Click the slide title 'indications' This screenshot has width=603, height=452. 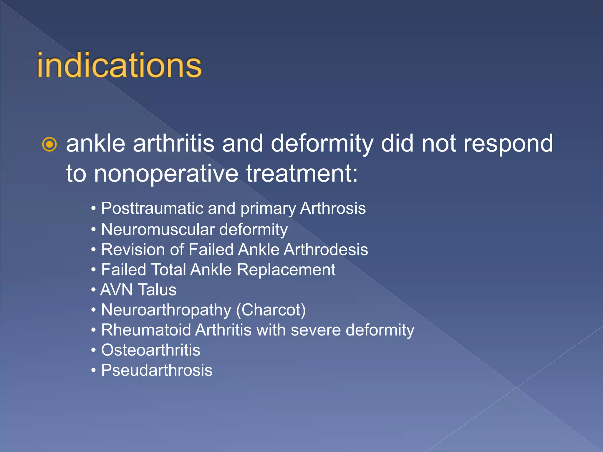119,65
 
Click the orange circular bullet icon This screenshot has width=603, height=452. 49,144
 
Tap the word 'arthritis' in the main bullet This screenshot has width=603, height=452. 173,144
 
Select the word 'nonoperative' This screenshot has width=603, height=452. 166,174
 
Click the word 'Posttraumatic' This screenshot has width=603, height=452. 152,208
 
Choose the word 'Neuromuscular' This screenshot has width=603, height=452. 158,229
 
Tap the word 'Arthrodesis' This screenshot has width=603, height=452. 326,250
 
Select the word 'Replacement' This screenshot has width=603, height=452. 286,270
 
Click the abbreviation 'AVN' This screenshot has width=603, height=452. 117,290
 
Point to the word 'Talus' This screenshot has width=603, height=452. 158,290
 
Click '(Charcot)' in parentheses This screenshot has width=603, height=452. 271,310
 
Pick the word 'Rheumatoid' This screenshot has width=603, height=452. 146,330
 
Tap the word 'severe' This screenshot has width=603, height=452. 316,330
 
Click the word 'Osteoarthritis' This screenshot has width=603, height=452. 150,350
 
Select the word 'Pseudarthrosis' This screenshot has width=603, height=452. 157,370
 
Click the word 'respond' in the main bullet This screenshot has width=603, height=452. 508,144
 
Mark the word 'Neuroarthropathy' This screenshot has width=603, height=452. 166,310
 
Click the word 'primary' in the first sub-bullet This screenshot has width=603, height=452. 268,209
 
